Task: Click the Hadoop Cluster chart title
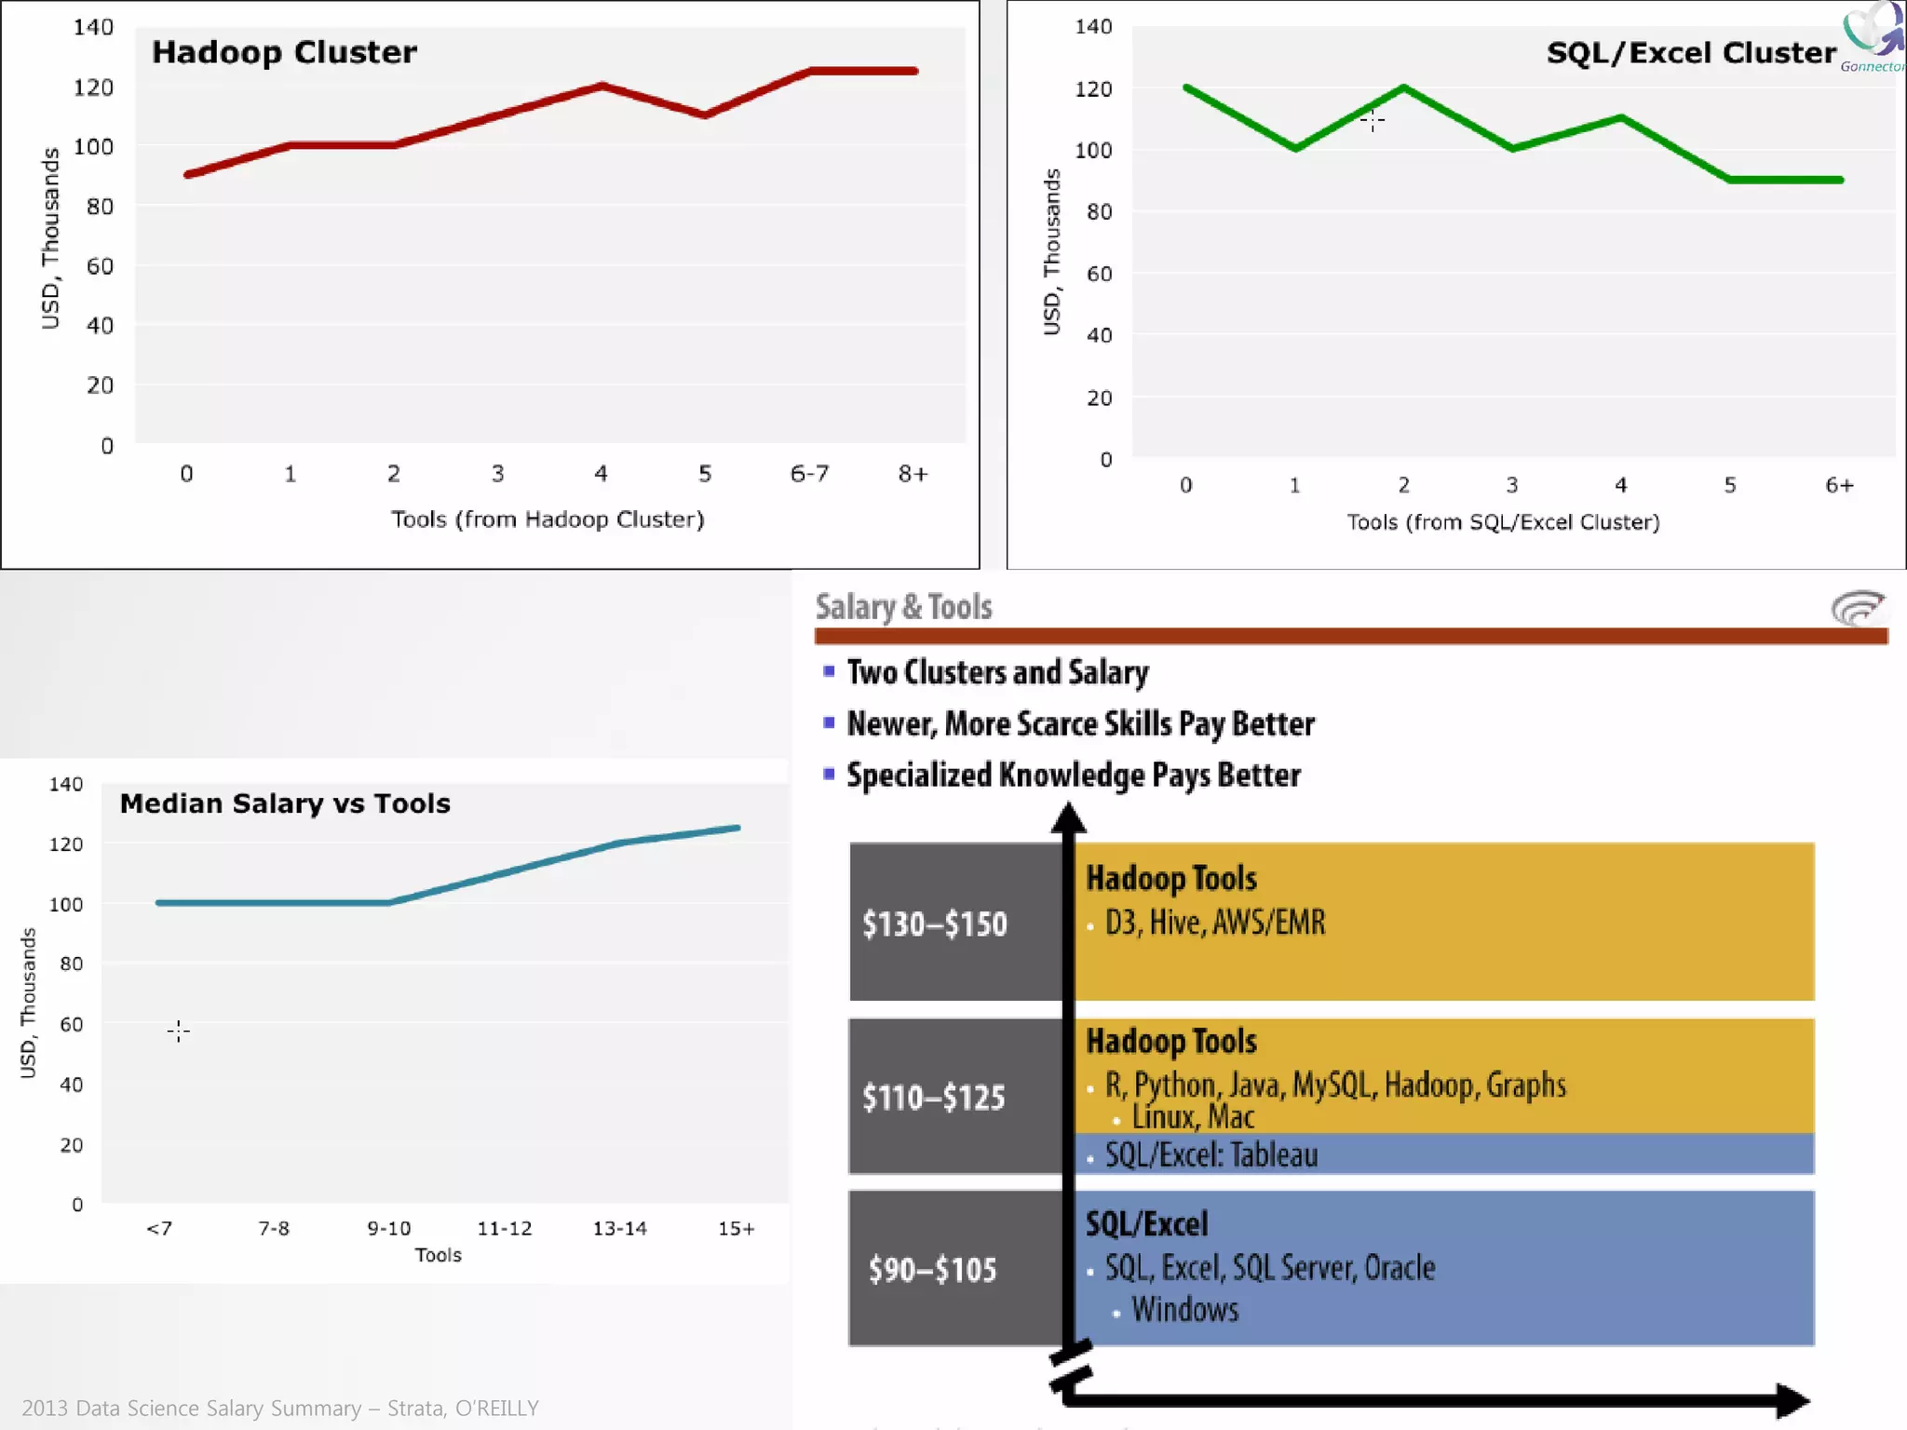pyautogui.click(x=284, y=52)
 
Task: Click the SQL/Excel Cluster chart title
pyautogui.click(x=1690, y=53)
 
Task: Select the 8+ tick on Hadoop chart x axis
pyautogui.click(x=913, y=474)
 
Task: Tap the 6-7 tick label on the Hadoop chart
pyautogui.click(x=809, y=474)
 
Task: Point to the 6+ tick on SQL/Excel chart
pyautogui.click(x=1839, y=485)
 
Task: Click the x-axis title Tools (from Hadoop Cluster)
pyautogui.click(x=548, y=519)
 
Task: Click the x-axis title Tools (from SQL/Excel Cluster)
pyautogui.click(x=1503, y=522)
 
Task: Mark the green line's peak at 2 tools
pyautogui.click(x=1403, y=88)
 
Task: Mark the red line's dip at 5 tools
pyautogui.click(x=705, y=115)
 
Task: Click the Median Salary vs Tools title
pyautogui.click(x=285, y=803)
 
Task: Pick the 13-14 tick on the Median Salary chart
pyautogui.click(x=619, y=1229)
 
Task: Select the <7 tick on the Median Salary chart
pyautogui.click(x=159, y=1229)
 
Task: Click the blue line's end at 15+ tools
pyautogui.click(x=737, y=827)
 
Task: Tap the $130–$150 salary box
pyautogui.click(x=935, y=924)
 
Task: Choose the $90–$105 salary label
pyautogui.click(x=932, y=1270)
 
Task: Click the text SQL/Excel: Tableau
pyautogui.click(x=1210, y=1155)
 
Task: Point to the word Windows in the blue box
pyautogui.click(x=1184, y=1310)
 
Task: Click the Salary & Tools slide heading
pyautogui.click(x=903, y=607)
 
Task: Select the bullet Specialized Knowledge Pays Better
pyautogui.click(x=1073, y=776)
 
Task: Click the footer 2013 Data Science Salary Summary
pyautogui.click(x=280, y=1408)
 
